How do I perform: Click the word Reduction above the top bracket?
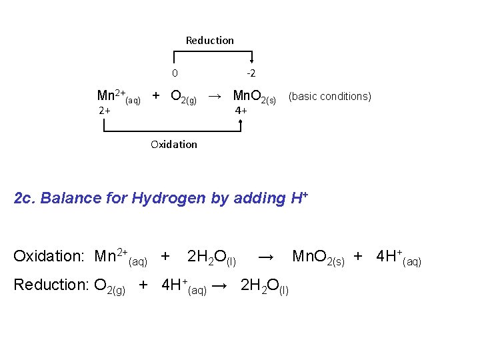(x=209, y=41)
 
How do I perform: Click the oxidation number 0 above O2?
(x=175, y=73)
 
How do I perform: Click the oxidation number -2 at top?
(x=251, y=73)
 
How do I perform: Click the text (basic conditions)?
(x=329, y=96)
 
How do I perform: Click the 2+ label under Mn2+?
(x=105, y=111)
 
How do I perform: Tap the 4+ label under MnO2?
(x=241, y=111)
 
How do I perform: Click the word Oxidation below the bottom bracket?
(x=174, y=144)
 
